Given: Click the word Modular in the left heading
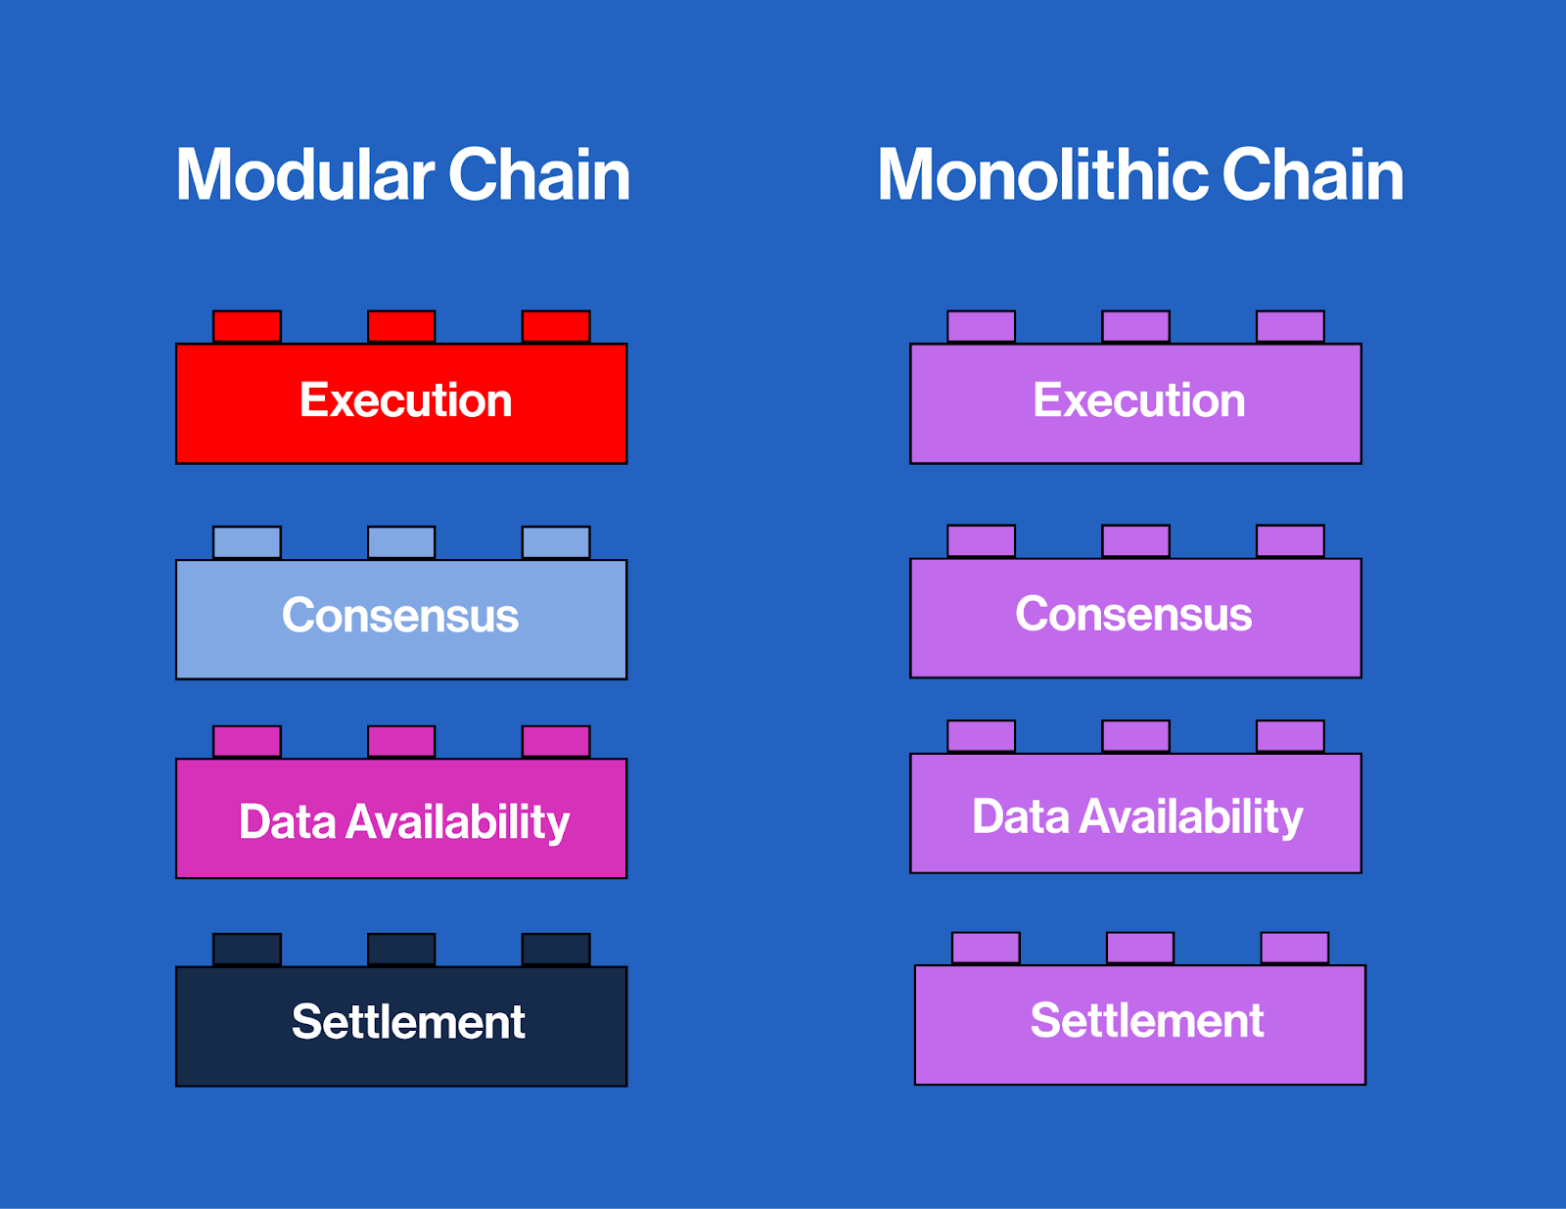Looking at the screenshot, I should tap(304, 176).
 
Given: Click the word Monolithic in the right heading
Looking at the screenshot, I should tap(1043, 176).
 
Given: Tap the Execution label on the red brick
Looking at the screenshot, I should tap(405, 400).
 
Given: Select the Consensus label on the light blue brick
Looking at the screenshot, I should tap(400, 616).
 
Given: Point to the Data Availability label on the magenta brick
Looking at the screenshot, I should tap(403, 821).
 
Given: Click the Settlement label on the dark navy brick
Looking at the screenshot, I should tap(408, 1022).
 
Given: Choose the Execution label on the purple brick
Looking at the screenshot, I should tap(1139, 400).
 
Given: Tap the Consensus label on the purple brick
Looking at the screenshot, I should tap(1133, 615).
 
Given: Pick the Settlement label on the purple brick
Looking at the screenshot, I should tap(1147, 1021).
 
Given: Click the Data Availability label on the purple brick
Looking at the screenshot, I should tap(1137, 816).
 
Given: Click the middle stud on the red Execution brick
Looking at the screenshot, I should tap(401, 327).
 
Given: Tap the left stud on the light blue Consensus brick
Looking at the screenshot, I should tap(247, 542).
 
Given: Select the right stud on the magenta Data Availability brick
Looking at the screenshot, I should tap(556, 742).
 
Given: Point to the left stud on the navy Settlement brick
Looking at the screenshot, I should tap(247, 950).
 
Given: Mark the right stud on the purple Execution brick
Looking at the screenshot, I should tap(1290, 327).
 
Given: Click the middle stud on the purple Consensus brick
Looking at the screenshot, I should tap(1135, 541).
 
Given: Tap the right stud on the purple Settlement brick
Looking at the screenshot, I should tap(1294, 949).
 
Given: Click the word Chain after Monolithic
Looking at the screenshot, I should tap(1312, 176).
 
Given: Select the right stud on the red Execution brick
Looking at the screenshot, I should tap(556, 327).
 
